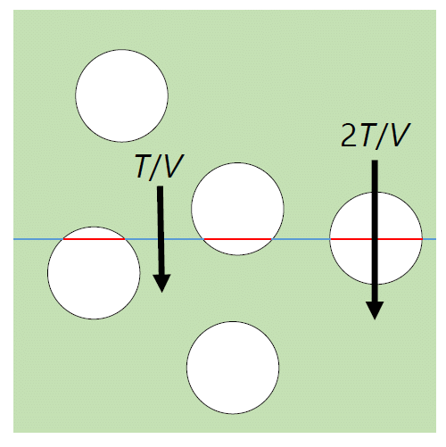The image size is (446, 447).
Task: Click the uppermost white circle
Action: pos(122,95)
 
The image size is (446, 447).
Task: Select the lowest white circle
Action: pos(233,368)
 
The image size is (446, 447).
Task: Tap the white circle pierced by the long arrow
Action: pos(376,238)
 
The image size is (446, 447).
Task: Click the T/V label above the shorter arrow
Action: pos(160,166)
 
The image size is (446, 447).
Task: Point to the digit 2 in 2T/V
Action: pos(350,136)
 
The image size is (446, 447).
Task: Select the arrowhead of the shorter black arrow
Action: pos(161,283)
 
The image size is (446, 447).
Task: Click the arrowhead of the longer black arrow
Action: pos(375,310)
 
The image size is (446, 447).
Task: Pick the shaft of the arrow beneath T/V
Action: pos(161,230)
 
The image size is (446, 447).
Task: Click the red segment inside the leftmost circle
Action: pos(94,239)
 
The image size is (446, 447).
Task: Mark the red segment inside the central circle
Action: pos(237,239)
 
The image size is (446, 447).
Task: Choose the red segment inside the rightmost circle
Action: pos(376,239)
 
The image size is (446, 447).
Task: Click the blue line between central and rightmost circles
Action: pos(301,239)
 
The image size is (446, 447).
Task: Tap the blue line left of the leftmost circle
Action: pos(38,239)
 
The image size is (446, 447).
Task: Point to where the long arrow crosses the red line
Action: pos(375,239)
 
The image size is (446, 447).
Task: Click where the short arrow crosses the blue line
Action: pos(161,239)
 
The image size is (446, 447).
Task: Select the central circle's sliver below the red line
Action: pos(237,247)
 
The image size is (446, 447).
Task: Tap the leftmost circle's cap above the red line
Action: pos(94,233)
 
